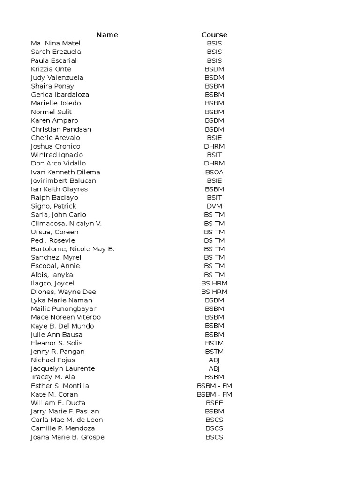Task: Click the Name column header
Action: point(107,35)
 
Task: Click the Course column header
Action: point(214,35)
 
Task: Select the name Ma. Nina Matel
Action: point(55,43)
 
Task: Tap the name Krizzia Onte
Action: point(51,69)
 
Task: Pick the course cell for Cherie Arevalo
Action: point(214,138)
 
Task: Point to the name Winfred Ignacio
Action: point(57,155)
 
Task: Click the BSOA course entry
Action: point(214,172)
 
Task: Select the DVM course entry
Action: point(214,206)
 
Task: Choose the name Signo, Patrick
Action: point(53,206)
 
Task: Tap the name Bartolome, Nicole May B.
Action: point(73,249)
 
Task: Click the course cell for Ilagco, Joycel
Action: point(214,283)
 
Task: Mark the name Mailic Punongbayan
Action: point(64,309)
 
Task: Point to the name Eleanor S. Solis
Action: point(57,343)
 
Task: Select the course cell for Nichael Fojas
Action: point(214,360)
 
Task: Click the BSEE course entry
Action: point(214,403)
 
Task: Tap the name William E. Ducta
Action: point(58,403)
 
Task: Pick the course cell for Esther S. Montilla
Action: point(214,386)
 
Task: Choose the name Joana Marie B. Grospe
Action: point(67,437)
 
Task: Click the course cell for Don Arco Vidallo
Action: point(214,163)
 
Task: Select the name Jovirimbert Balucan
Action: point(63,180)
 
